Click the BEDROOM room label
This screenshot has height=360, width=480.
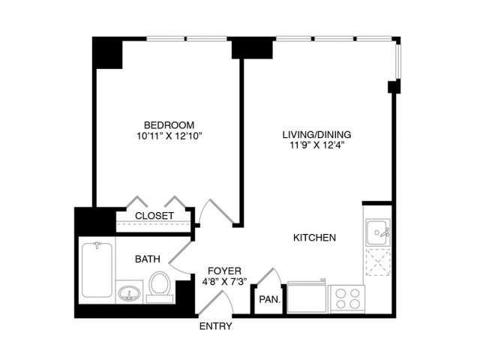[169, 125]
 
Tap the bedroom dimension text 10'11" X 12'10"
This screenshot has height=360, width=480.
[170, 136]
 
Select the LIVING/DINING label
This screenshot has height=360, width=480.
[316, 135]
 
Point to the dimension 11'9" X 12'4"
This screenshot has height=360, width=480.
[316, 145]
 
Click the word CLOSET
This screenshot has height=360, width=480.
[154, 216]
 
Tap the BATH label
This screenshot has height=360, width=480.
[148, 259]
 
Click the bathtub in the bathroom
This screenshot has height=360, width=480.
[97, 270]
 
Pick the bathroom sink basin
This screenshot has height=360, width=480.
[129, 293]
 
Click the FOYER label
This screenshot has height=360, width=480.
[224, 271]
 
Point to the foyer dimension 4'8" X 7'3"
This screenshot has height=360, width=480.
[224, 281]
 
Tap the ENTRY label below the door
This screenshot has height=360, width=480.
[215, 326]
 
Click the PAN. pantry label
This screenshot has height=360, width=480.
[270, 300]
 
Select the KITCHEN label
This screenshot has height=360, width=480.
[314, 238]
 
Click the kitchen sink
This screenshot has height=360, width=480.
[378, 232]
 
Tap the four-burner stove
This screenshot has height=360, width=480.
[347, 298]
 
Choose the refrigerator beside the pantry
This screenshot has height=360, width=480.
[307, 297]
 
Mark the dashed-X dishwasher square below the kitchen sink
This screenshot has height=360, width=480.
[378, 262]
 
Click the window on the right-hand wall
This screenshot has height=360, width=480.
[397, 61]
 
